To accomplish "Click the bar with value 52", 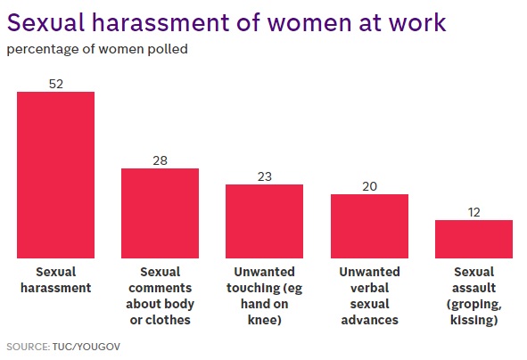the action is click(56, 175).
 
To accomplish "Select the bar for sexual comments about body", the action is click(160, 213).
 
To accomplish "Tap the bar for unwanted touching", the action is click(265, 221).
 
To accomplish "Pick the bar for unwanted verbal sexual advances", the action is click(370, 226).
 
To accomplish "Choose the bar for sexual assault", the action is click(473, 239).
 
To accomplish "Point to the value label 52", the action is click(56, 84).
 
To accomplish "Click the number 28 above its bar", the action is click(160, 160).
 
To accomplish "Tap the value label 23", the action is click(265, 176).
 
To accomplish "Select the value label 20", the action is click(370, 186).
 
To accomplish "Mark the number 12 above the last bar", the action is click(473, 212).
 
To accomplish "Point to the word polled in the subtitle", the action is click(168, 49).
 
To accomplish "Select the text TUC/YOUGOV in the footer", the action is click(86, 347).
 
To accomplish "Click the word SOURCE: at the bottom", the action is click(29, 347).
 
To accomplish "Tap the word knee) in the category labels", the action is click(265, 320).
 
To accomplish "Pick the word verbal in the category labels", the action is click(370, 288).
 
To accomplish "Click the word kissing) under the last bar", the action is click(473, 320).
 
